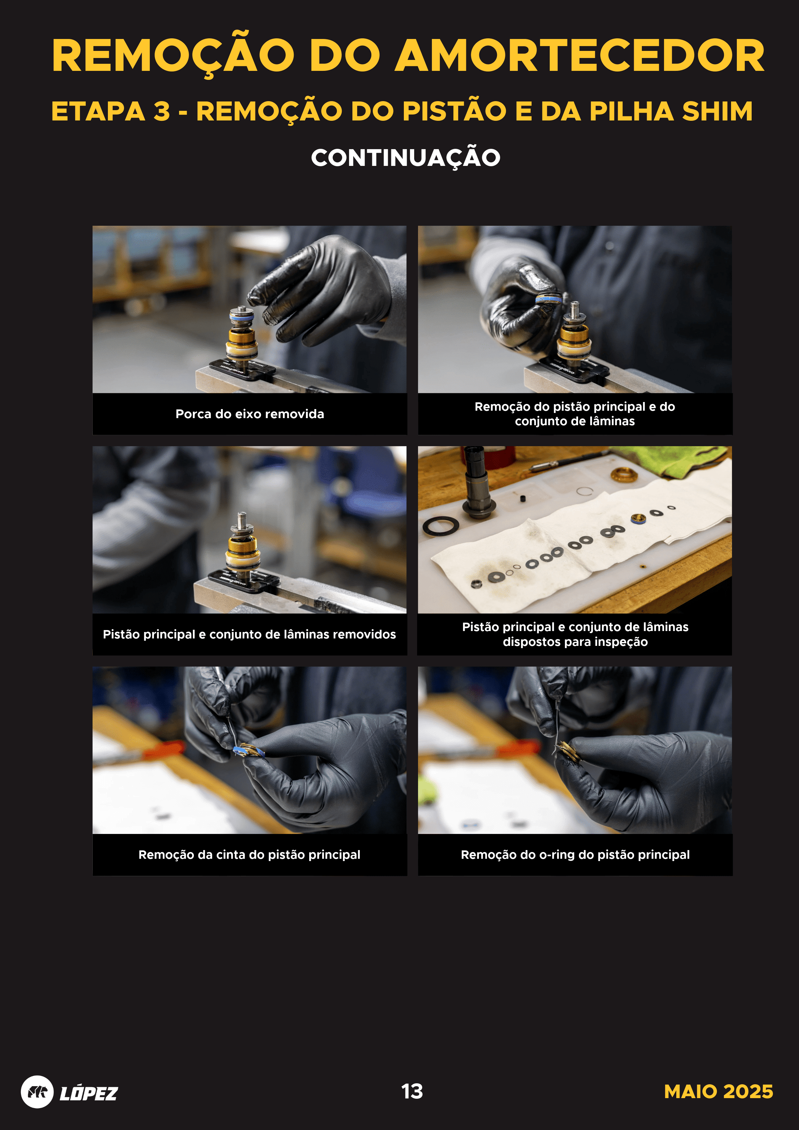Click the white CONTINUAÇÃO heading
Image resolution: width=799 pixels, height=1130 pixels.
coord(405,158)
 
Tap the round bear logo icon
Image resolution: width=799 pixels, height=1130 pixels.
coord(37,1092)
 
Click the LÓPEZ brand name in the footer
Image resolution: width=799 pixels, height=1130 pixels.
coord(89,1093)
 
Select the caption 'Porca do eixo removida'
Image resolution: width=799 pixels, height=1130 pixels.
coord(250,414)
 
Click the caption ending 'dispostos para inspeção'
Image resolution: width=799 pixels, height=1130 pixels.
coord(575,634)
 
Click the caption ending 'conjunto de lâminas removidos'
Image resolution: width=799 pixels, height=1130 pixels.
coord(250,634)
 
